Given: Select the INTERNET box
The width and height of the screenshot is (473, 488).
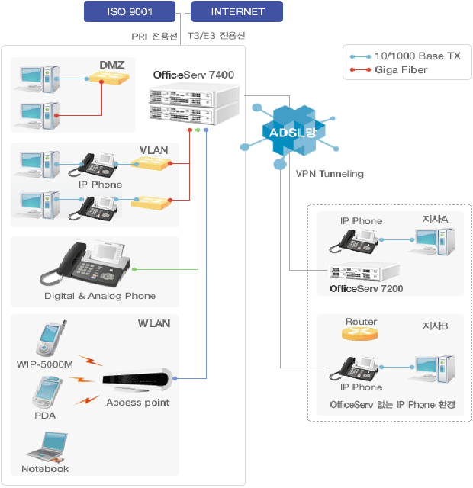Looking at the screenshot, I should pyautogui.click(x=237, y=11).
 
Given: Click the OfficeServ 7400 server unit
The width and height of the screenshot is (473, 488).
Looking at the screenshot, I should pyautogui.click(x=193, y=105).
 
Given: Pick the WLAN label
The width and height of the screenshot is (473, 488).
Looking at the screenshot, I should pyautogui.click(x=154, y=323).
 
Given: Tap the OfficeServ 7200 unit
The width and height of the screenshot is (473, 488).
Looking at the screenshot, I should pyautogui.click(x=365, y=271).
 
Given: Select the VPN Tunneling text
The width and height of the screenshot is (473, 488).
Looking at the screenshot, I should pyautogui.click(x=330, y=174).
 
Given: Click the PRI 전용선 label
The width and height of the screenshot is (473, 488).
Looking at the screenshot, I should pyautogui.click(x=155, y=35).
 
